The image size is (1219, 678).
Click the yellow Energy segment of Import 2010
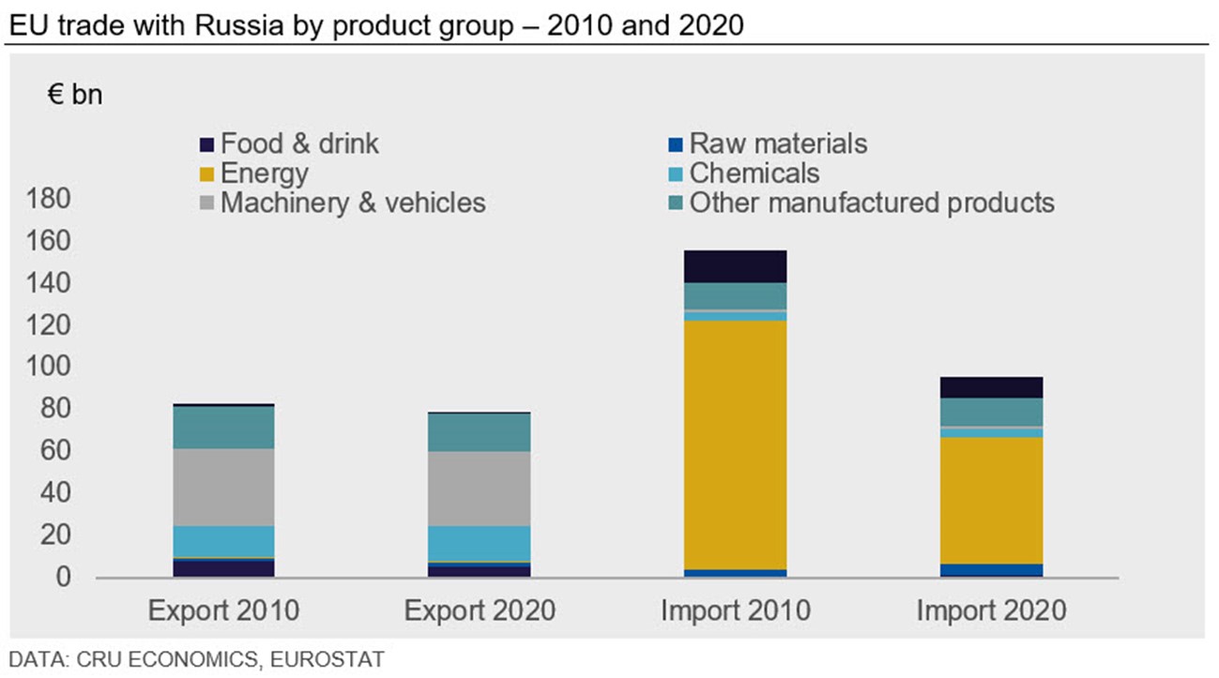(x=735, y=445)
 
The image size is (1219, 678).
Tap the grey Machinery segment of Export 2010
(x=223, y=487)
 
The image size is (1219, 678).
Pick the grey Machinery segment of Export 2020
(x=480, y=489)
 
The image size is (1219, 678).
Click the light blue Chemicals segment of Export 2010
(x=223, y=541)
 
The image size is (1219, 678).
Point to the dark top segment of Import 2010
(x=735, y=266)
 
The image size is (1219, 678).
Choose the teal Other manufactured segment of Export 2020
(x=480, y=432)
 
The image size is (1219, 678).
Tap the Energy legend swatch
(x=207, y=174)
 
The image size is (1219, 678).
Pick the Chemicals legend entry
(x=754, y=173)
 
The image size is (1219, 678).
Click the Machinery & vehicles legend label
(x=353, y=203)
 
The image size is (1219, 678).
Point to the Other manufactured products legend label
(x=872, y=203)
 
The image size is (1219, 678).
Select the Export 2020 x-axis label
(x=480, y=611)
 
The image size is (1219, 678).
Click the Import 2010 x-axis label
(x=735, y=611)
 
